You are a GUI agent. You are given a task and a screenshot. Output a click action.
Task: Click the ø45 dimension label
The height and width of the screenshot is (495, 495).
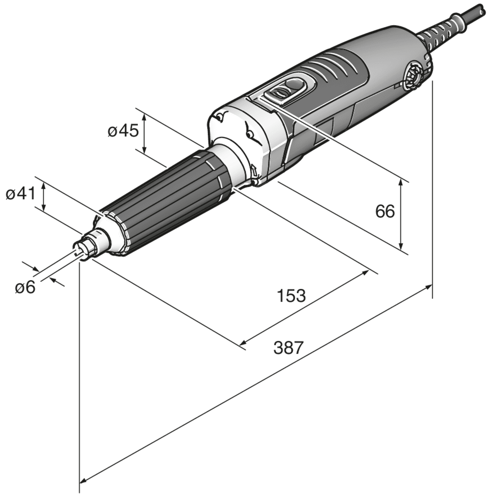tap(123, 131)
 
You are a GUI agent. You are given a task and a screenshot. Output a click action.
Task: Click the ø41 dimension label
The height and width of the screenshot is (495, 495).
tap(20, 194)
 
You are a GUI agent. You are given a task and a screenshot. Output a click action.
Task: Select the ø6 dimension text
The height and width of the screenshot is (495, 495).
tap(25, 287)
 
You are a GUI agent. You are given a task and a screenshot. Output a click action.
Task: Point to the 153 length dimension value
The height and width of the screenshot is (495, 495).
tap(291, 296)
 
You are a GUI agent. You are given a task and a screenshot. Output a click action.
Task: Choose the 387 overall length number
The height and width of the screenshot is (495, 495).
tap(288, 348)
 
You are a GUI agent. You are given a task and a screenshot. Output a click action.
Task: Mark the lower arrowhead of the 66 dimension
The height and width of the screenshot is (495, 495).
tap(401, 246)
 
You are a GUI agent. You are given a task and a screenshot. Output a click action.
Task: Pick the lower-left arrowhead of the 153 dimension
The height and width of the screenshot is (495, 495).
tap(243, 343)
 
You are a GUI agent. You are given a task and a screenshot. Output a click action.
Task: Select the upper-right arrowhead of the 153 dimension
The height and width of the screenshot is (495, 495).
tap(366, 273)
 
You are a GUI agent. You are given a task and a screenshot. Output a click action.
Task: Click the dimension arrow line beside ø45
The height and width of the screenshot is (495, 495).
tap(144, 134)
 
